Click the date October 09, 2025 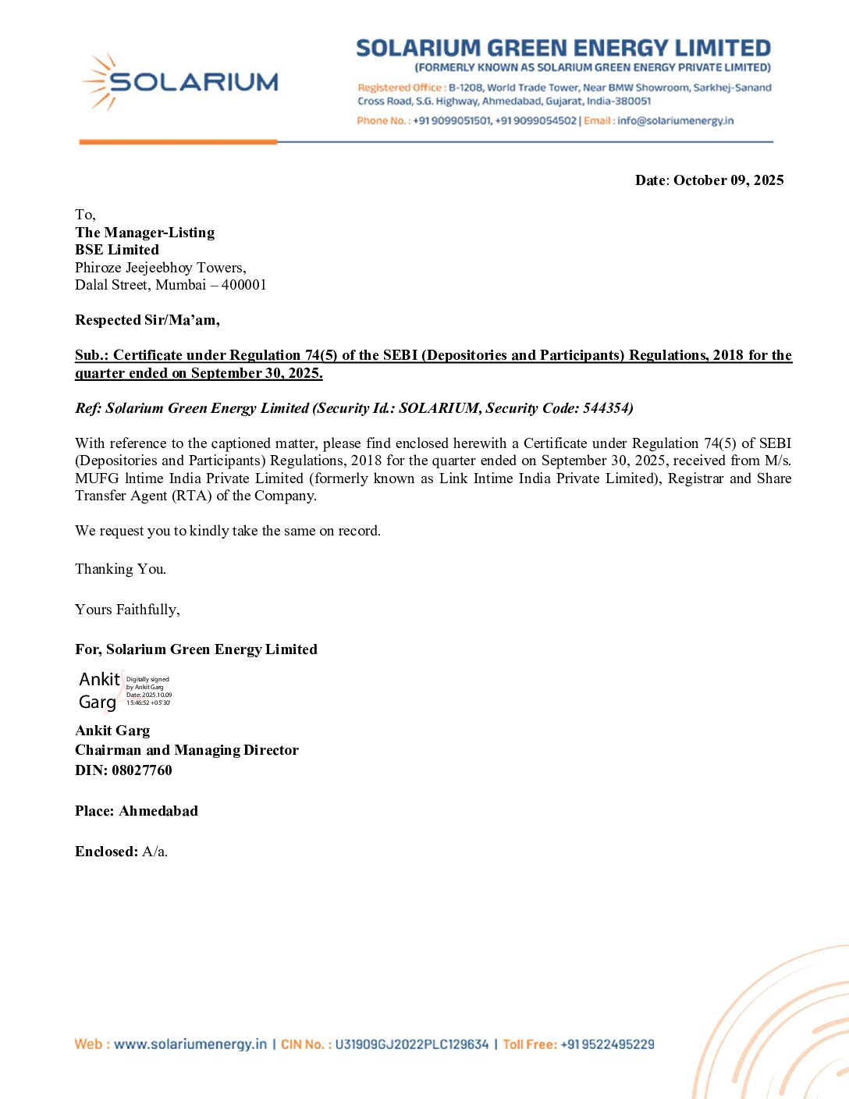pyautogui.click(x=728, y=180)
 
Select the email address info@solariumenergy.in pyautogui.click(x=675, y=121)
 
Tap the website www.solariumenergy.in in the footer pyautogui.click(x=190, y=1044)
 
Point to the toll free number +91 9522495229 pyautogui.click(x=607, y=1044)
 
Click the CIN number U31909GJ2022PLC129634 pyautogui.click(x=411, y=1044)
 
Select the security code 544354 pyautogui.click(x=606, y=408)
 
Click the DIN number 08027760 pyautogui.click(x=141, y=770)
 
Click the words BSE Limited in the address pyautogui.click(x=117, y=250)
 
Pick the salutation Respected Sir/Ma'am pyautogui.click(x=147, y=320)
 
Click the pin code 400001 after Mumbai pyautogui.click(x=243, y=285)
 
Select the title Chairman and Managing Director pyautogui.click(x=186, y=750)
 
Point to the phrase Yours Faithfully pyautogui.click(x=127, y=610)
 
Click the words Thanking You pyautogui.click(x=120, y=569)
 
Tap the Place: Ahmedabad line pyautogui.click(x=137, y=811)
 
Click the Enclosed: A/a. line pyautogui.click(x=121, y=852)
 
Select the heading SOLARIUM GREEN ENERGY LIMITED pyautogui.click(x=563, y=48)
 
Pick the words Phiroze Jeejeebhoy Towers pyautogui.click(x=160, y=268)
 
